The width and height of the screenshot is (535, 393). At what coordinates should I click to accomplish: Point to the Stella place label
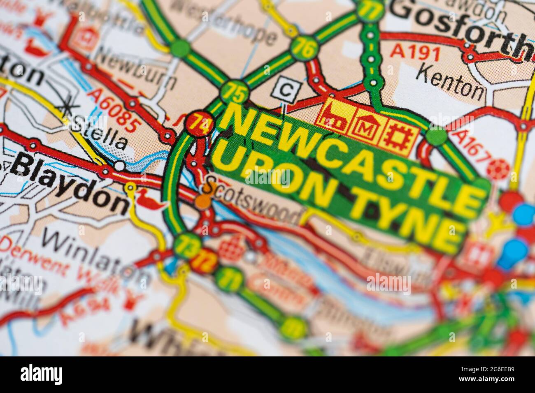99,133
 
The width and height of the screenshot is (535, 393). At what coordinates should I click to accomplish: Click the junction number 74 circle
199,123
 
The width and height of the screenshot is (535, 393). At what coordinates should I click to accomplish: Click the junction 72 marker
204,260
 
